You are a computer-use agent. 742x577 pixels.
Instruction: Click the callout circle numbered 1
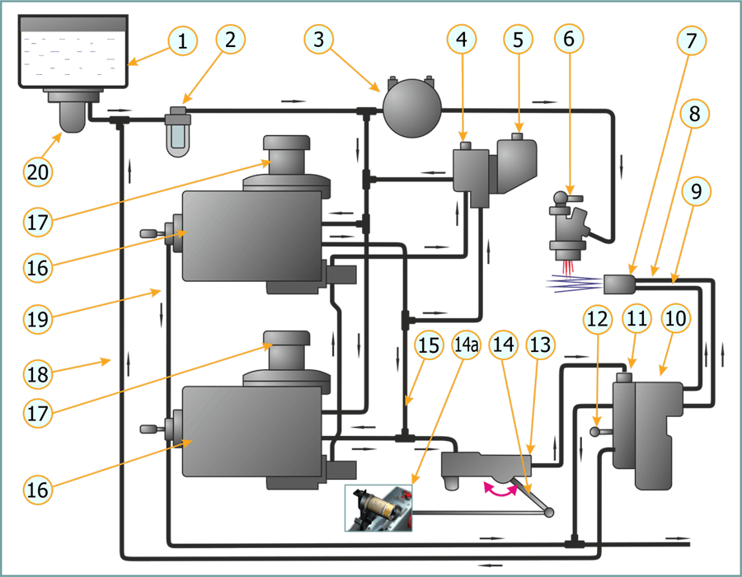point(184,40)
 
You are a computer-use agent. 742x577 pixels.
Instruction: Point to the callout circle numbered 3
point(320,40)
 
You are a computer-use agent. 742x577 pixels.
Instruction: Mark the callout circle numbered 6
point(570,38)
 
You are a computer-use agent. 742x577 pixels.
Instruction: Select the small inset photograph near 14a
point(378,507)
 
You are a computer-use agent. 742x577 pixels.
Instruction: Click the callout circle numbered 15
point(429,346)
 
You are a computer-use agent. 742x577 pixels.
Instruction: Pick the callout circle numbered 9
point(697,193)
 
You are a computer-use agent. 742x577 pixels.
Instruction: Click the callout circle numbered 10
point(675,317)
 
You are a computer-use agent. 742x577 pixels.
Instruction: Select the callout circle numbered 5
point(518,40)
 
